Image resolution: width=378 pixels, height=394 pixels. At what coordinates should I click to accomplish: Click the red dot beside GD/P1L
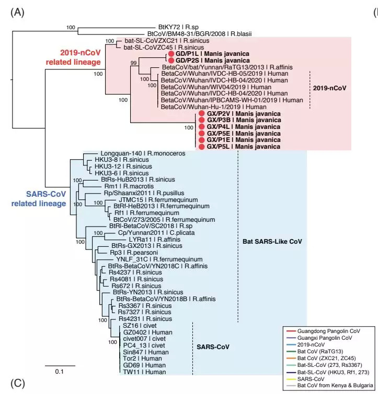click(x=170, y=54)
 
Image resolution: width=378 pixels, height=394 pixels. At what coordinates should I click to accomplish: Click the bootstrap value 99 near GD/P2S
click(x=134, y=63)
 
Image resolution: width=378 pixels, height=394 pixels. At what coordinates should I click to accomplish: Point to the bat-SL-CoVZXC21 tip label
click(x=159, y=41)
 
